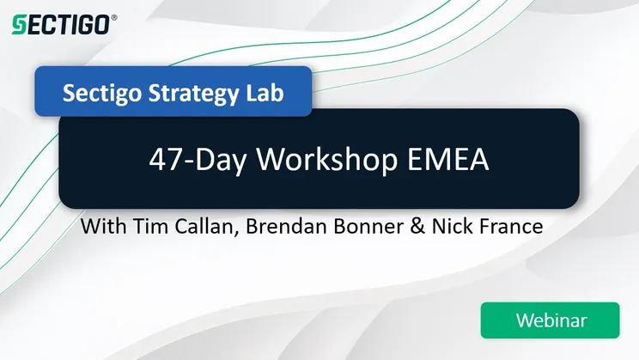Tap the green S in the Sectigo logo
(17, 26)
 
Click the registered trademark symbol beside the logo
(114, 16)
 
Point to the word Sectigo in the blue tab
(99, 91)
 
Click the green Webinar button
(550, 320)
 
